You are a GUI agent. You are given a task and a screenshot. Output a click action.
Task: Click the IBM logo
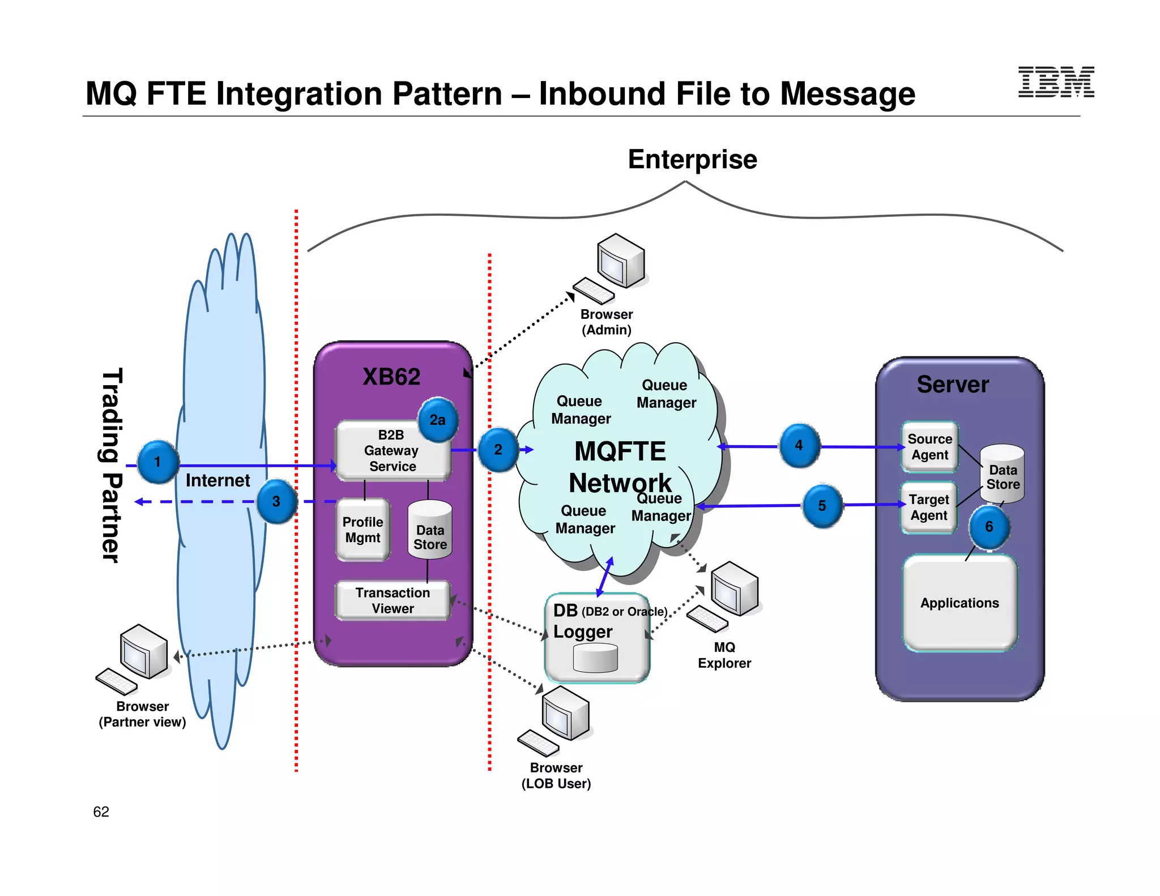pos(1056,82)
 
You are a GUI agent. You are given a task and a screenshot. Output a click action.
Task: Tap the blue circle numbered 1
pos(157,462)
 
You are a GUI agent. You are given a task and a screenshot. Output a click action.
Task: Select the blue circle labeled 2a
pos(437,420)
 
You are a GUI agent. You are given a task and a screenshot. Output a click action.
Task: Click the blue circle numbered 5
pos(822,506)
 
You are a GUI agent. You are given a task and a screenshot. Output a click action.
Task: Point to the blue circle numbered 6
pos(989,527)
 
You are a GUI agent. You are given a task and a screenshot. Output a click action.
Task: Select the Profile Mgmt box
pos(363,530)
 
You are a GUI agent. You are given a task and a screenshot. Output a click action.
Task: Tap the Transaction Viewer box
pos(393,600)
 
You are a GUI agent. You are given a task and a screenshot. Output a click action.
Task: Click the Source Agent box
pos(929,447)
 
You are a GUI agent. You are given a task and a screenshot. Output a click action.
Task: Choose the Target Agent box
pos(928,507)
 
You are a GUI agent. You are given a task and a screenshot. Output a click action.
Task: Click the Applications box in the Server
pos(959,603)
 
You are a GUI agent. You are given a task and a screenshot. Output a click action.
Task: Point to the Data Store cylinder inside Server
pos(1003,473)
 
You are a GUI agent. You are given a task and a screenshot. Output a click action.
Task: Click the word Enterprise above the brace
pos(692,159)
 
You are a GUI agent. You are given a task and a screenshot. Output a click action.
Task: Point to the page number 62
pos(101,812)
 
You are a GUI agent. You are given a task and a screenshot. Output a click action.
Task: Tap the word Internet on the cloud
pos(217,480)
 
